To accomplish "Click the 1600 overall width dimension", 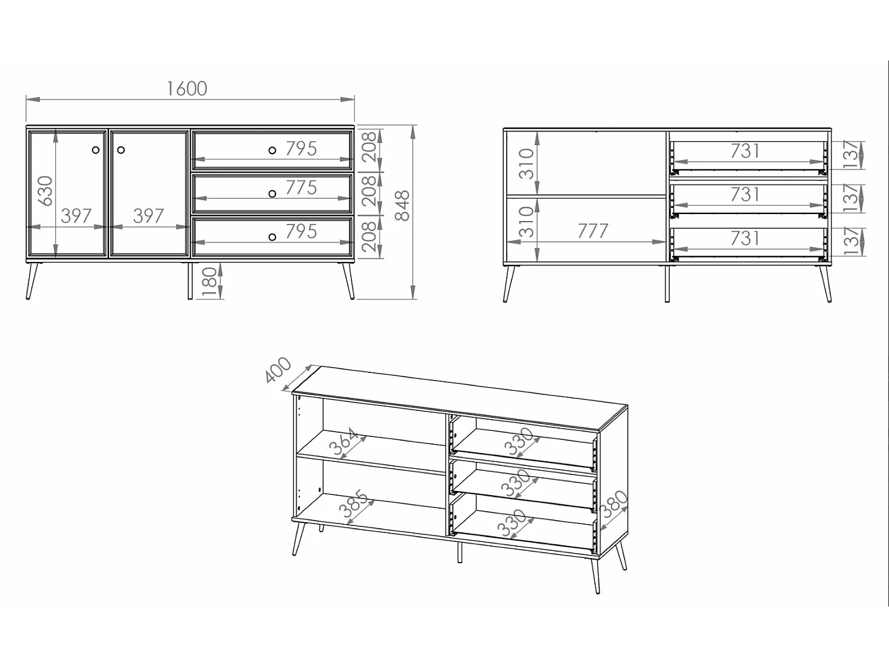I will [187, 88].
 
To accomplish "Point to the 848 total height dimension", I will [402, 205].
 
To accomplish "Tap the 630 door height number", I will [45, 190].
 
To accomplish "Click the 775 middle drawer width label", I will [301, 187].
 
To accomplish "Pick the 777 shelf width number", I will [593, 231].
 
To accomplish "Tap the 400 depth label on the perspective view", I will [278, 370].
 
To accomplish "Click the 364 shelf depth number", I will [344, 442].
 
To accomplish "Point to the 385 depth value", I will [353, 505].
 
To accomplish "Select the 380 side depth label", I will [613, 505].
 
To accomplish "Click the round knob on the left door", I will [96, 150].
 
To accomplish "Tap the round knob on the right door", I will [121, 150].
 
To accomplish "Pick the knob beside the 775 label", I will [272, 194].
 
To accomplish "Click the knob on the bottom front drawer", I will [272, 237].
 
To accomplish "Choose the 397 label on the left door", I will [76, 216].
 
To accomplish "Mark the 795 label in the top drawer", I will [301, 148].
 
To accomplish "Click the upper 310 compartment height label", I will [526, 164].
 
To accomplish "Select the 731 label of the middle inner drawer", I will [745, 194].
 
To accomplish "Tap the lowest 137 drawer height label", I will [850, 241].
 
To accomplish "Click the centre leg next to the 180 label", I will [190, 281].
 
